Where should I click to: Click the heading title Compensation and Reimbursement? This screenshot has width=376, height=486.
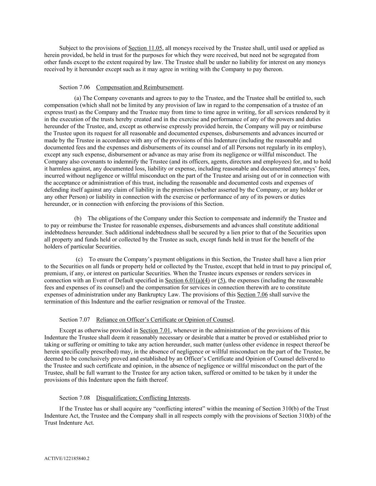(139, 87)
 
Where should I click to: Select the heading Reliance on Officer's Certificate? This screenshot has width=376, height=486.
(165, 320)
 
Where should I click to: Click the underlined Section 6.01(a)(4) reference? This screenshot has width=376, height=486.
(187, 281)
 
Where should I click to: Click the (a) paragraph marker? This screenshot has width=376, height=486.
(78, 98)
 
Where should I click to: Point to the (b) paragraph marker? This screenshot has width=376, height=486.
(78, 218)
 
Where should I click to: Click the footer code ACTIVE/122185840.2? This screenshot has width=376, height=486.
(67, 459)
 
